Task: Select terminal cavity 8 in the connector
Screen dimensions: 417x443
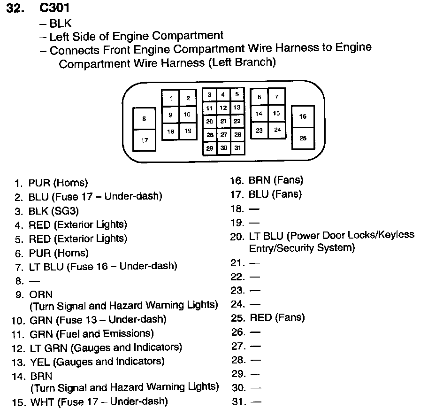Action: tap(144, 119)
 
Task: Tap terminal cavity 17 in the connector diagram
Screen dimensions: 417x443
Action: tap(144, 140)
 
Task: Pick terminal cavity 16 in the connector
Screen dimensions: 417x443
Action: tap(303, 116)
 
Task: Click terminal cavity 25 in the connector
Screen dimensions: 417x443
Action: tap(303, 138)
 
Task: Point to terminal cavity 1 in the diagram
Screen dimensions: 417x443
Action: tap(171, 99)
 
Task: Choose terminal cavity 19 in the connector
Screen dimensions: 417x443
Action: tap(188, 131)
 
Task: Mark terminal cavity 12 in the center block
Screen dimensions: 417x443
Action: tap(223, 108)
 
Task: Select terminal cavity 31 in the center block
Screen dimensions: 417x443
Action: tap(237, 148)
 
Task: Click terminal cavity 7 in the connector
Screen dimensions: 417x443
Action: tap(277, 97)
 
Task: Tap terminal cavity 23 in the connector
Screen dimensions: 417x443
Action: tap(259, 130)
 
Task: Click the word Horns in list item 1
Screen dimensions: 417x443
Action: tap(70, 183)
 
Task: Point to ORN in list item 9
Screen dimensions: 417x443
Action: tap(41, 295)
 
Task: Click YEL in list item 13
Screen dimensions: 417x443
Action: tap(40, 362)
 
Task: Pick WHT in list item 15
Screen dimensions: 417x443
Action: tap(41, 402)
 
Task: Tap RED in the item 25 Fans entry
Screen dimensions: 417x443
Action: tap(261, 318)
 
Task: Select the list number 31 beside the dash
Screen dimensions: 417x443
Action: tap(238, 402)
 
